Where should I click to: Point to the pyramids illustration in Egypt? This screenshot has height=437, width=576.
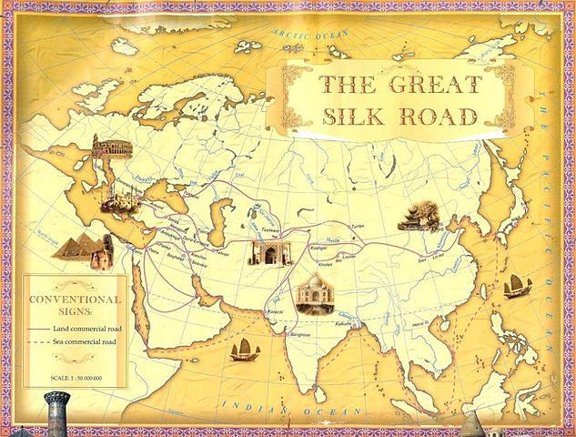point(83,249)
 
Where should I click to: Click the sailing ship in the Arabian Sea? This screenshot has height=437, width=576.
point(244,349)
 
